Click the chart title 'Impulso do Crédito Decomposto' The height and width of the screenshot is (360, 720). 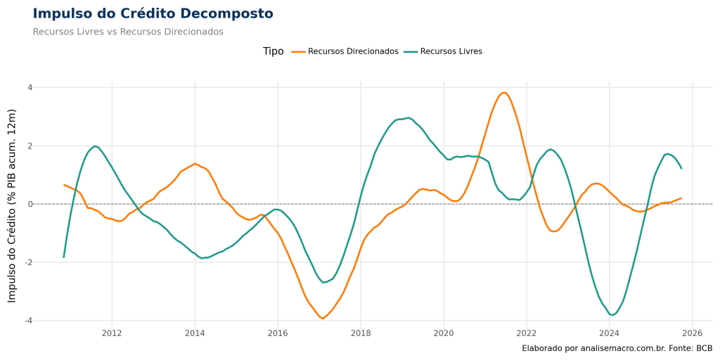[x=153, y=13]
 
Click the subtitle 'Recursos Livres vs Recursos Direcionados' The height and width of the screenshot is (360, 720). [x=128, y=32]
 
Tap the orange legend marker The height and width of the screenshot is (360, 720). [x=298, y=52]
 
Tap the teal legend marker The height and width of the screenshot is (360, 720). [x=411, y=52]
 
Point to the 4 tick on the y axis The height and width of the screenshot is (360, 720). [x=30, y=87]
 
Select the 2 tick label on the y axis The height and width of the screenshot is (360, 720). [x=30, y=146]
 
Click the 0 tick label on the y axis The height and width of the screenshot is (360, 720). [x=30, y=204]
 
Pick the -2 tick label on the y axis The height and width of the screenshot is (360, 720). [x=28, y=262]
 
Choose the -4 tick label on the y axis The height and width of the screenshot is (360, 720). [x=28, y=321]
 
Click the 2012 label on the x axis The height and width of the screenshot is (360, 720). [x=112, y=333]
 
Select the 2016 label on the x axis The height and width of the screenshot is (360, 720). [x=278, y=333]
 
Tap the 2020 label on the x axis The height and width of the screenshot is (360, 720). [x=444, y=333]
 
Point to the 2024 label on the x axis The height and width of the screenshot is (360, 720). [x=610, y=333]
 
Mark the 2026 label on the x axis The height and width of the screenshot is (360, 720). [x=693, y=333]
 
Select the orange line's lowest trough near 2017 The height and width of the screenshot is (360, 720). [x=322, y=319]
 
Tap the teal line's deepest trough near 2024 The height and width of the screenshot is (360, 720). [x=613, y=315]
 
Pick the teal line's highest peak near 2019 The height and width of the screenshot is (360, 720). [x=408, y=117]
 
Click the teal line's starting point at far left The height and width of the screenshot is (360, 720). [x=64, y=257]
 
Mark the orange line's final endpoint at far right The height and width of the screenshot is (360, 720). [x=681, y=198]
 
